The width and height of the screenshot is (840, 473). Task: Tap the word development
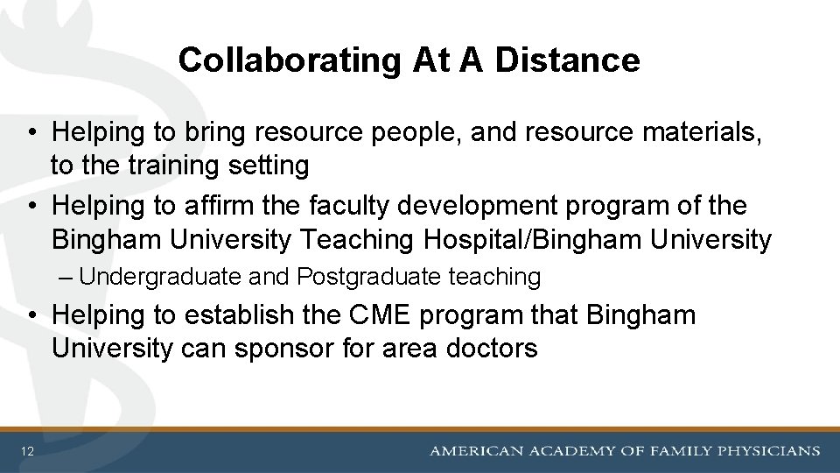click(444, 207)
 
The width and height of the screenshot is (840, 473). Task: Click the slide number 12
click(29, 451)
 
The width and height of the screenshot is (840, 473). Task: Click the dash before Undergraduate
click(70, 278)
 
